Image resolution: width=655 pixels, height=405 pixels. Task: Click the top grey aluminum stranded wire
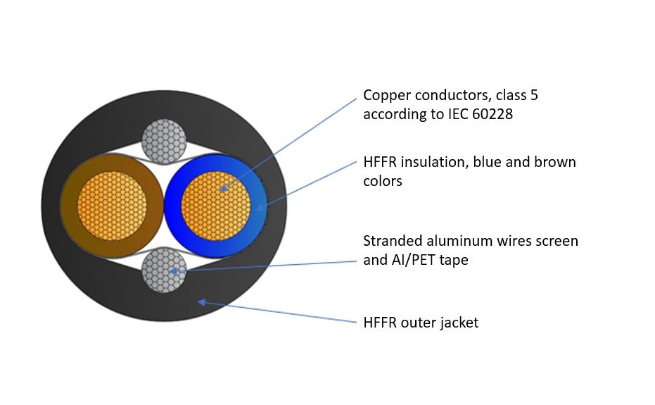[164, 142]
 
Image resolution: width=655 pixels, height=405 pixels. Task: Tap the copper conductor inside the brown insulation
[113, 206]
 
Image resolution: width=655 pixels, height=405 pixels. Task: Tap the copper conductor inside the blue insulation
[215, 206]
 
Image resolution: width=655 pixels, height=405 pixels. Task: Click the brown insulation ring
[70, 206]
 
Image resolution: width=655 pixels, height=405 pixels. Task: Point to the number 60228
[486, 113]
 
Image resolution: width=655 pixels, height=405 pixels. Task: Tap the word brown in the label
[556, 162]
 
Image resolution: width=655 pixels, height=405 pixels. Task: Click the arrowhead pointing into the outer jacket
[201, 301]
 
